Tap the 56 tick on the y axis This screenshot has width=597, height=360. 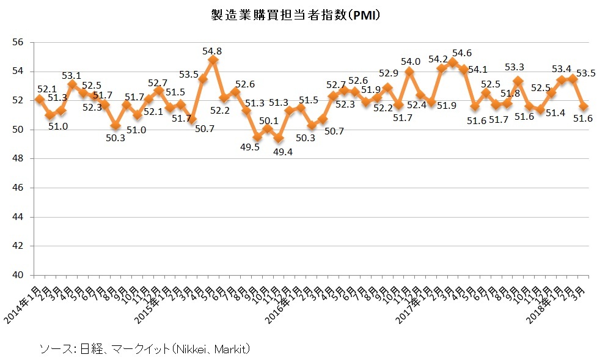18,42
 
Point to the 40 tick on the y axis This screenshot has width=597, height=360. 18,275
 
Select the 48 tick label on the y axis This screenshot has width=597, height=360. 18,159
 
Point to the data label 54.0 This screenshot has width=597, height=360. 410,61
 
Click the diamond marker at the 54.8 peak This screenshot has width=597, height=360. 213,60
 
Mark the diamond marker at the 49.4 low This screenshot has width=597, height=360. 279,138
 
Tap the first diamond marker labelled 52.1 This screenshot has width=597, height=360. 40,99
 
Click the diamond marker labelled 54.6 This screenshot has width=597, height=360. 453,62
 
